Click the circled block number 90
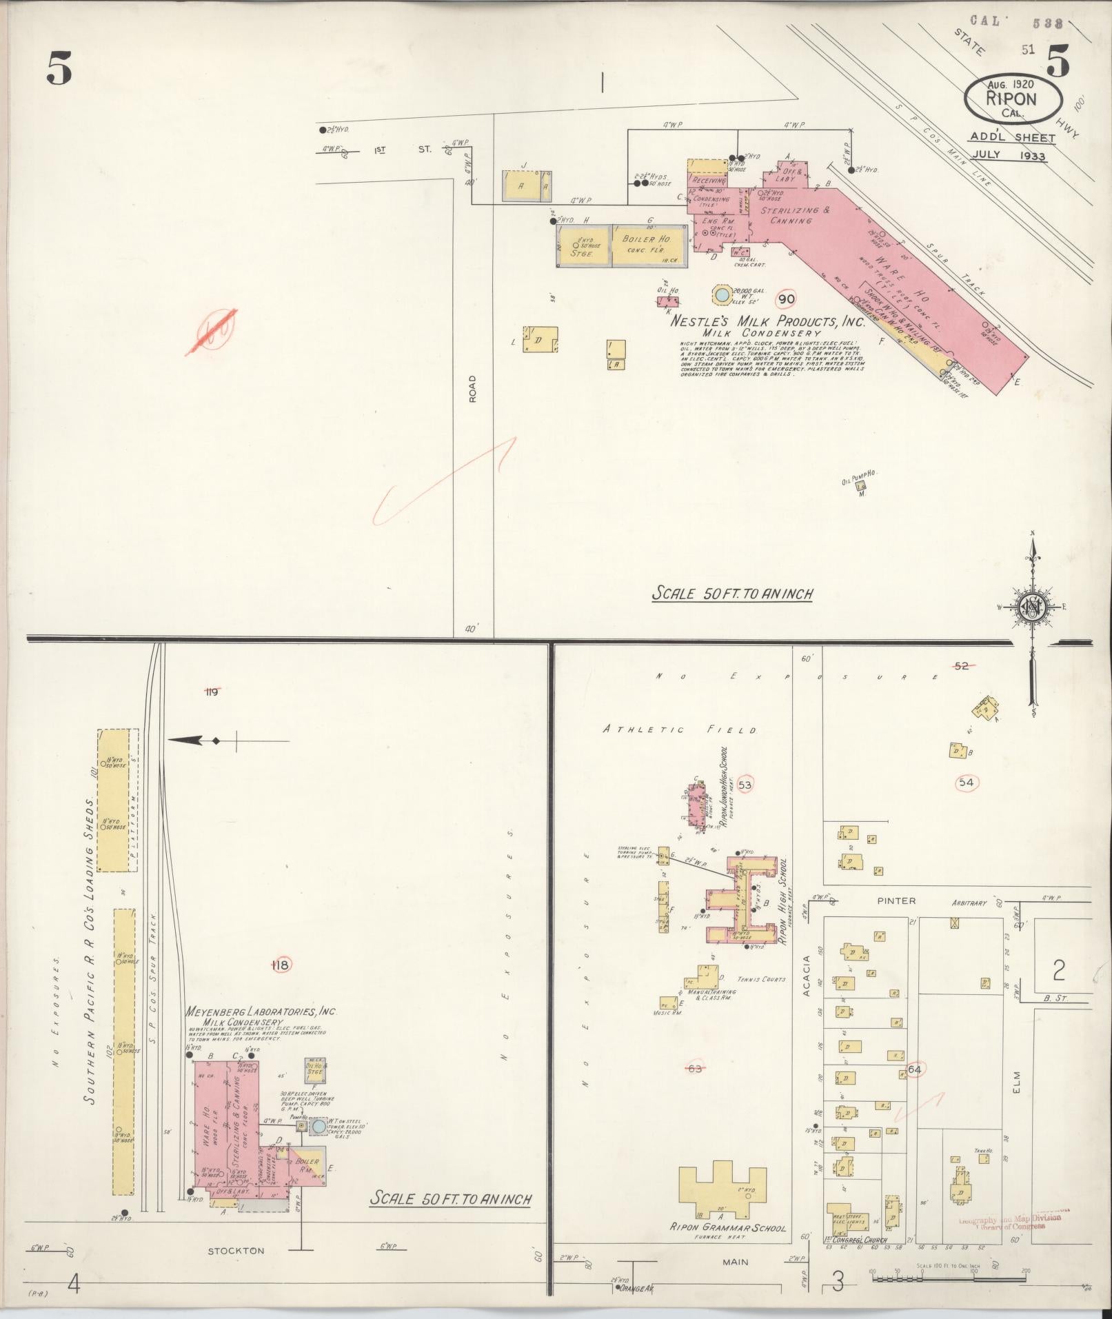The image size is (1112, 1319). point(786,299)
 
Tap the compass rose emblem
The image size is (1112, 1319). point(1032,607)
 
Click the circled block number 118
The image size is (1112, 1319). point(281,965)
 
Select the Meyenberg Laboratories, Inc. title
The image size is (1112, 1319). point(260,1012)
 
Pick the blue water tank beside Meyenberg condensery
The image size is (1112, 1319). point(319,1127)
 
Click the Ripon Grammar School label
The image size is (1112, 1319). point(728,1228)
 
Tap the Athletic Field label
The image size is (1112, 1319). point(680,729)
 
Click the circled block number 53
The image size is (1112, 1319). point(745,784)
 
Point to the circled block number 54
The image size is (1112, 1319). point(966,782)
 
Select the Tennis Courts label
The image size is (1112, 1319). point(761,979)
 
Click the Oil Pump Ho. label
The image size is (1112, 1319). point(858,480)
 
